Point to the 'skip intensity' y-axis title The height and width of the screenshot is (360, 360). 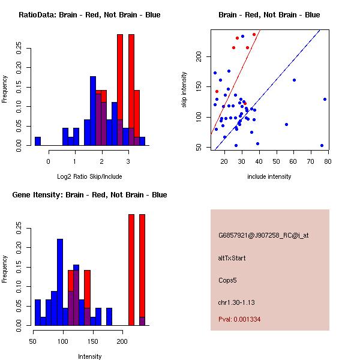[x=185, y=90]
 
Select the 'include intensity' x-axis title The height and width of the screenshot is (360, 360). [x=269, y=177]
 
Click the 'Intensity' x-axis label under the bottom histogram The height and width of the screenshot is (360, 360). [x=90, y=356]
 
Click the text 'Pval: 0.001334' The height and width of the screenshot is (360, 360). [x=239, y=319]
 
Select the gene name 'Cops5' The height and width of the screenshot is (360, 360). [x=228, y=280]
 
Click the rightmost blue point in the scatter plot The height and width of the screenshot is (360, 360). [x=325, y=99]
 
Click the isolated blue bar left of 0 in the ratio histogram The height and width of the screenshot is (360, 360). [x=38, y=141]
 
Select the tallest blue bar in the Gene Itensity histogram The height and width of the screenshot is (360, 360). [x=60, y=282]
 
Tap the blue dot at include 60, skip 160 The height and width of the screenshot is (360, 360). [x=294, y=80]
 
